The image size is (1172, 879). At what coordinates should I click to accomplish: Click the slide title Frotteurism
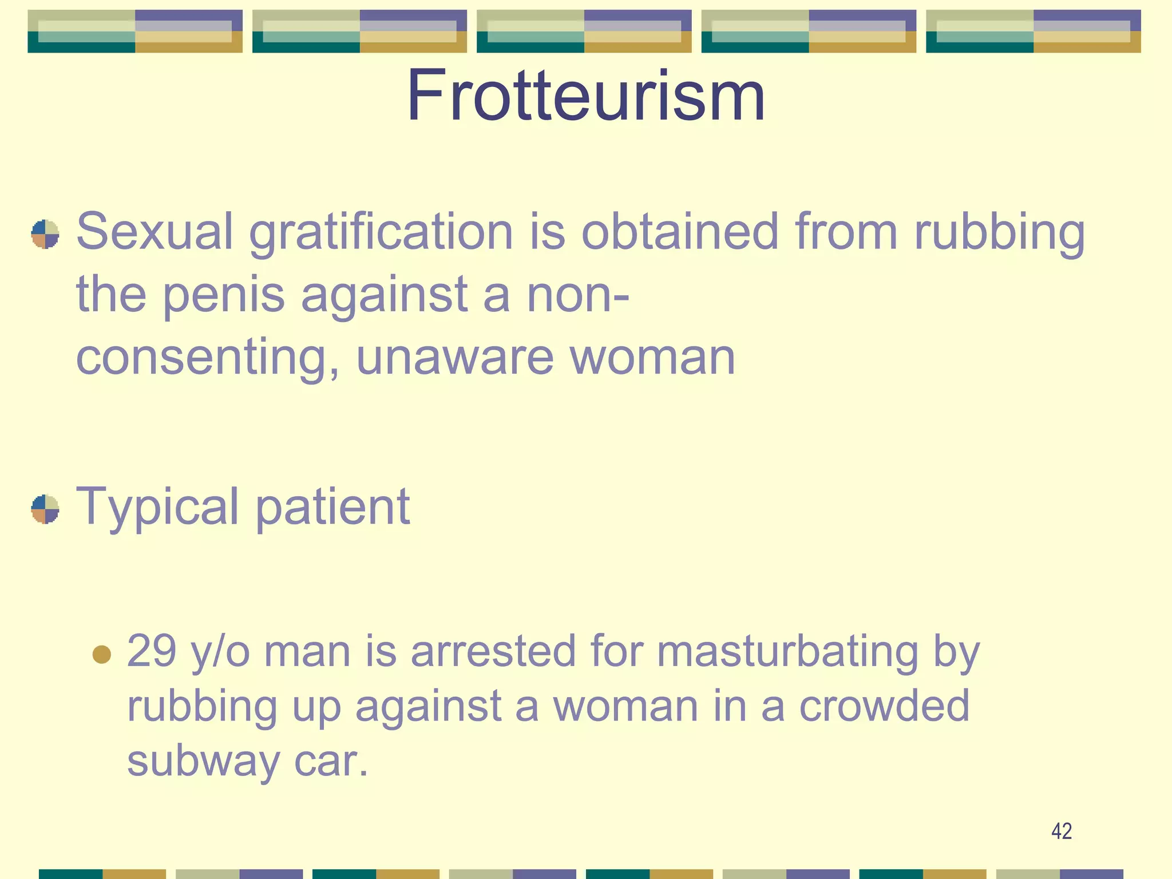coord(585,96)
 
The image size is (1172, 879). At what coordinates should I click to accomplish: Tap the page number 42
coord(1062,831)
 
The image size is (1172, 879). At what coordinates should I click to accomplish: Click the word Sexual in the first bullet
coord(155,231)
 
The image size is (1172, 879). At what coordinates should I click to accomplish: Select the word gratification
coord(381,232)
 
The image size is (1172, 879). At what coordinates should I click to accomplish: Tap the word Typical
coord(157,507)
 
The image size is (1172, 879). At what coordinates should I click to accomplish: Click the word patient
coord(332,507)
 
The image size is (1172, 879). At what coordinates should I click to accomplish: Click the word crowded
coord(884,706)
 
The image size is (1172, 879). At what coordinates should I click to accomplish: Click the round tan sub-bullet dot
coord(102,654)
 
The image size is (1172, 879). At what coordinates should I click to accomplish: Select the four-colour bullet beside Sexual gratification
coord(45,235)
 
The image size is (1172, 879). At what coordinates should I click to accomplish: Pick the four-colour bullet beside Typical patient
coord(45,509)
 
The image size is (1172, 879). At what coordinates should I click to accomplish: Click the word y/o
coord(220,652)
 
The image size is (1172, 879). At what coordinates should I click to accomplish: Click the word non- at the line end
coord(577,295)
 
